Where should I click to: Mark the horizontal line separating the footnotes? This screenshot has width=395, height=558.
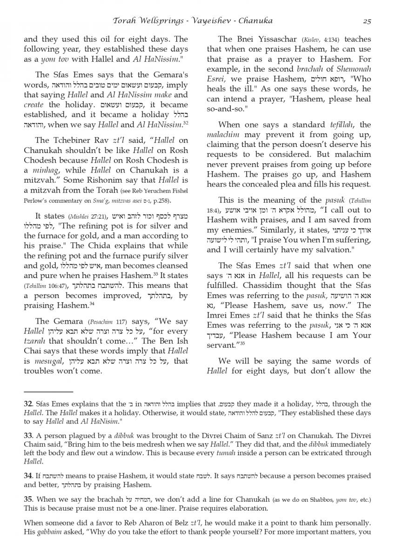pyautogui.click(x=42, y=392)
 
